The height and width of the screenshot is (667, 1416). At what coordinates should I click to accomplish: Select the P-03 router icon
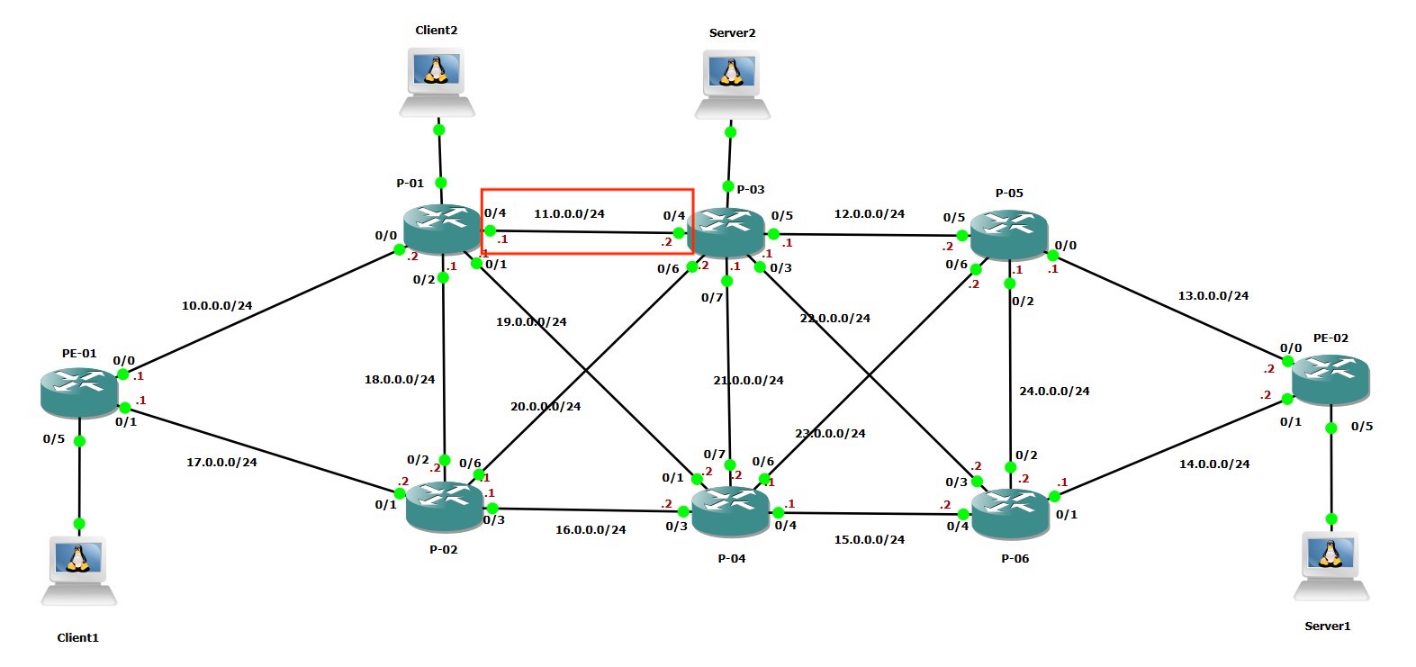(x=726, y=232)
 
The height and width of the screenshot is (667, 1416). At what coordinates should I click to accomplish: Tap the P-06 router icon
(x=1011, y=514)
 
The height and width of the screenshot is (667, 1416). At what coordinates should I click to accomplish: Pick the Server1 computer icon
(x=1330, y=566)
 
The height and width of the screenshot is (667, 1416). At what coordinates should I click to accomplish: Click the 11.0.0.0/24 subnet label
(x=569, y=214)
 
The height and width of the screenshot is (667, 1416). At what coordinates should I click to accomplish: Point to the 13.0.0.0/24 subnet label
(x=1213, y=295)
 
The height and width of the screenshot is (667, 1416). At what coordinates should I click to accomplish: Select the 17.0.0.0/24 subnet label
(x=221, y=462)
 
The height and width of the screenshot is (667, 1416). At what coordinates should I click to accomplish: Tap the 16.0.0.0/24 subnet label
(x=590, y=529)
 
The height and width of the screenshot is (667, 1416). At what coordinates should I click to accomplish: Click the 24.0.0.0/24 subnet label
(x=1054, y=391)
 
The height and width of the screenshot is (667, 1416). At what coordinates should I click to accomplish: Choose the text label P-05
(x=1008, y=193)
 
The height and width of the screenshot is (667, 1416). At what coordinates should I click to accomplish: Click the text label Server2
(x=732, y=32)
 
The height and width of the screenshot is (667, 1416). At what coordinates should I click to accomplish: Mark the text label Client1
(x=77, y=637)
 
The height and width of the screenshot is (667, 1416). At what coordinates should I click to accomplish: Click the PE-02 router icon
(x=1330, y=379)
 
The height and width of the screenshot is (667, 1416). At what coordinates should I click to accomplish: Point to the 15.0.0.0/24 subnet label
(x=869, y=539)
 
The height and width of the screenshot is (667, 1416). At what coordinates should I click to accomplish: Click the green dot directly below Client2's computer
(x=438, y=130)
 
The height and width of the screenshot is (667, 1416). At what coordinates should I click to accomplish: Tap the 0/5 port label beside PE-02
(x=1361, y=426)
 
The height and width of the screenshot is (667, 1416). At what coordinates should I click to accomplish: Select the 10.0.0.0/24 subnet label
(x=217, y=305)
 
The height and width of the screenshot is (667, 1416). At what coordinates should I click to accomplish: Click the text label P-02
(x=443, y=549)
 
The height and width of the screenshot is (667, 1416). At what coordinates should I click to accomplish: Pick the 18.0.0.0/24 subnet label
(x=399, y=379)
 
